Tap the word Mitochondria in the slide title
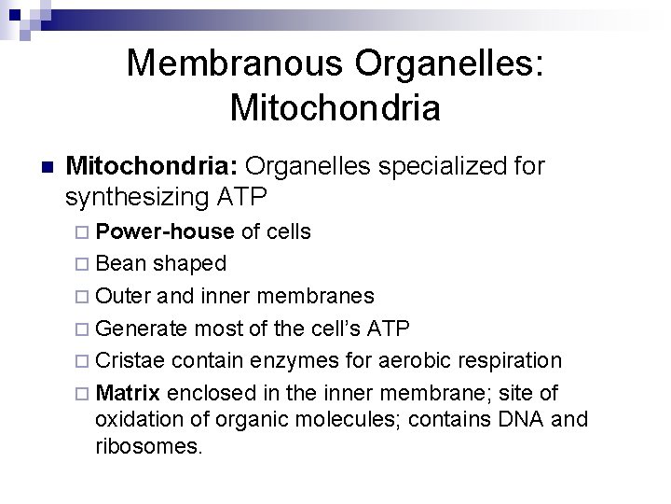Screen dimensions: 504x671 pyautogui.click(x=335, y=108)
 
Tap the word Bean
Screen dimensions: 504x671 pyautogui.click(x=121, y=263)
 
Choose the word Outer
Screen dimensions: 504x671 pyautogui.click(x=126, y=296)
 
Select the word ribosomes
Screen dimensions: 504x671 pyautogui.click(x=146, y=447)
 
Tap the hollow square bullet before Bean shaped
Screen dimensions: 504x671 pyautogui.click(x=85, y=264)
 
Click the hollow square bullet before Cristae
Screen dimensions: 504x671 pyautogui.click(x=85, y=361)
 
